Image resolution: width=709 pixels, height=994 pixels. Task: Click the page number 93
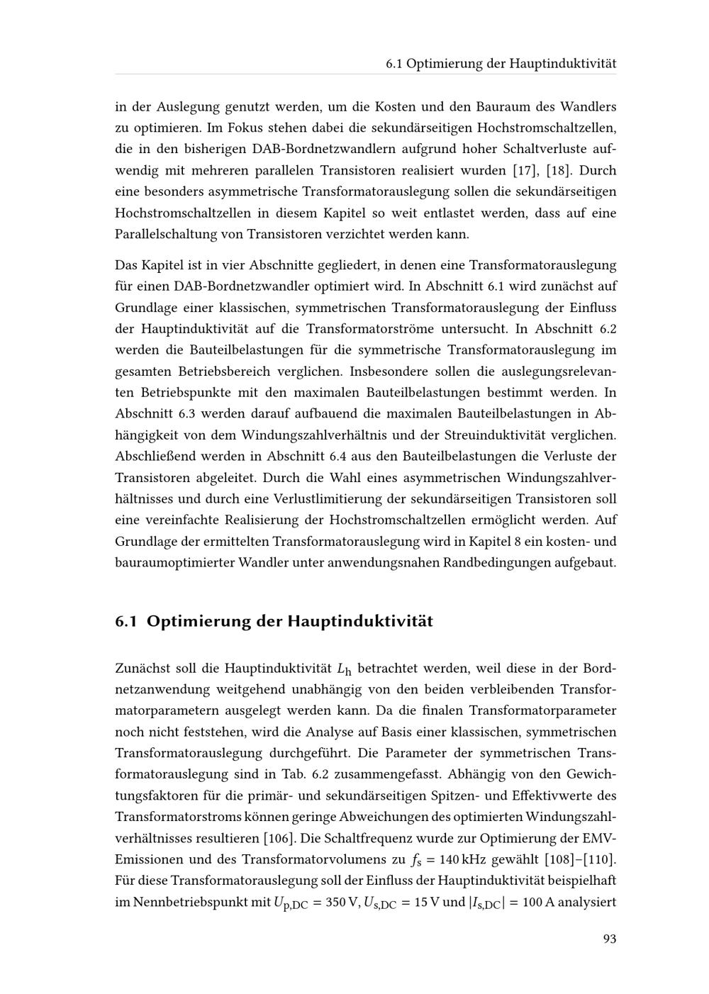pyautogui.click(x=609, y=939)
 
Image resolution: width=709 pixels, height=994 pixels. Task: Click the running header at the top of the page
pyautogui.click(x=501, y=64)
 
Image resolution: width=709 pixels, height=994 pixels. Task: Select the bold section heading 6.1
pyautogui.click(x=274, y=622)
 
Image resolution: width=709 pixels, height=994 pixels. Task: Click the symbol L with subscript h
pyautogui.click(x=344, y=669)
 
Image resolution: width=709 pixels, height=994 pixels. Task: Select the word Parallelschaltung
pyautogui.click(x=164, y=235)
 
